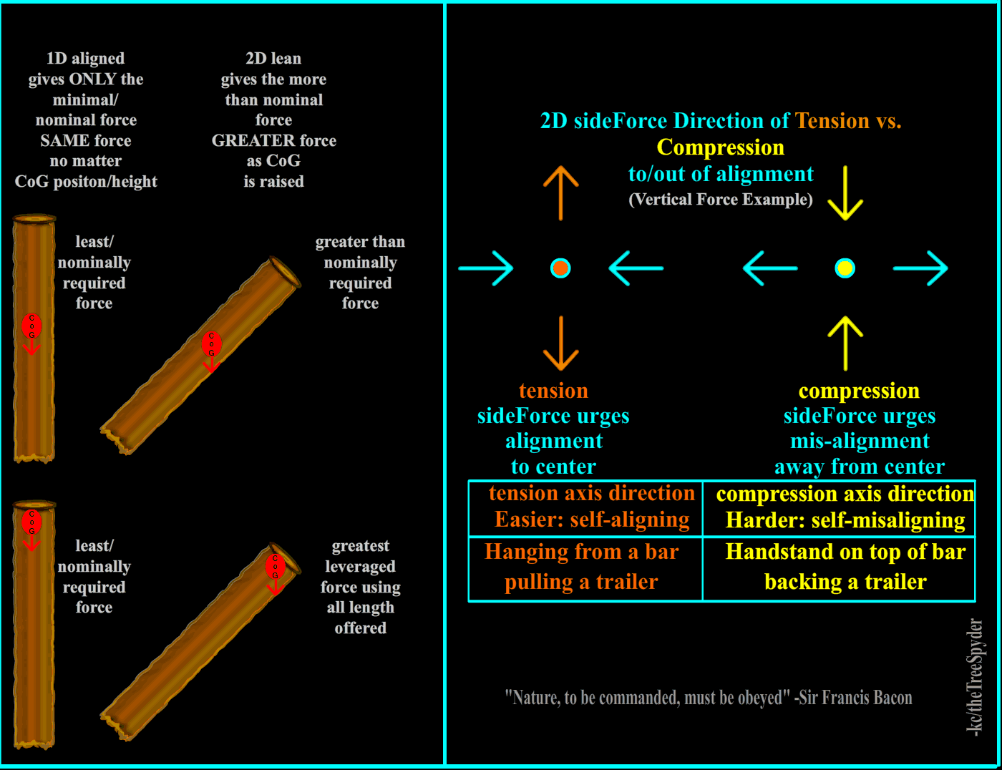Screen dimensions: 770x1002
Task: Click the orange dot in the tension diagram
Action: tap(560, 268)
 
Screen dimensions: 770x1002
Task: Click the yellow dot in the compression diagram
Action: tap(845, 268)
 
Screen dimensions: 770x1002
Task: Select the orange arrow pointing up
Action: tap(560, 192)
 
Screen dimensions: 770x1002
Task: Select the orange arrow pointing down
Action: tap(560, 343)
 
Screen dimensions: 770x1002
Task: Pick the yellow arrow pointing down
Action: tap(845, 192)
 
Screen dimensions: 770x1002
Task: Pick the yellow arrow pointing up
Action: tap(845, 343)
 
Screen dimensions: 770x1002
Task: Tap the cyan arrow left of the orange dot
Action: tap(486, 268)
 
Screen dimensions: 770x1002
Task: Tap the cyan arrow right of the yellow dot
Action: tap(920, 268)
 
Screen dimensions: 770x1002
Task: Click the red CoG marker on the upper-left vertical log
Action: tap(31, 326)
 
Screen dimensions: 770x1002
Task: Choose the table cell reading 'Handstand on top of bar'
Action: tap(845, 552)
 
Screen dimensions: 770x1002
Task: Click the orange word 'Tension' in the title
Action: tap(832, 121)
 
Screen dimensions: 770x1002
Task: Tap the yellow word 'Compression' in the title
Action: tap(720, 147)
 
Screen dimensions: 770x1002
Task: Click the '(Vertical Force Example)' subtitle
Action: tap(720, 200)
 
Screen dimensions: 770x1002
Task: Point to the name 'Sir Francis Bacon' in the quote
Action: tap(855, 698)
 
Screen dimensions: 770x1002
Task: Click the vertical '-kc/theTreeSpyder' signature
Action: tap(974, 676)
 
